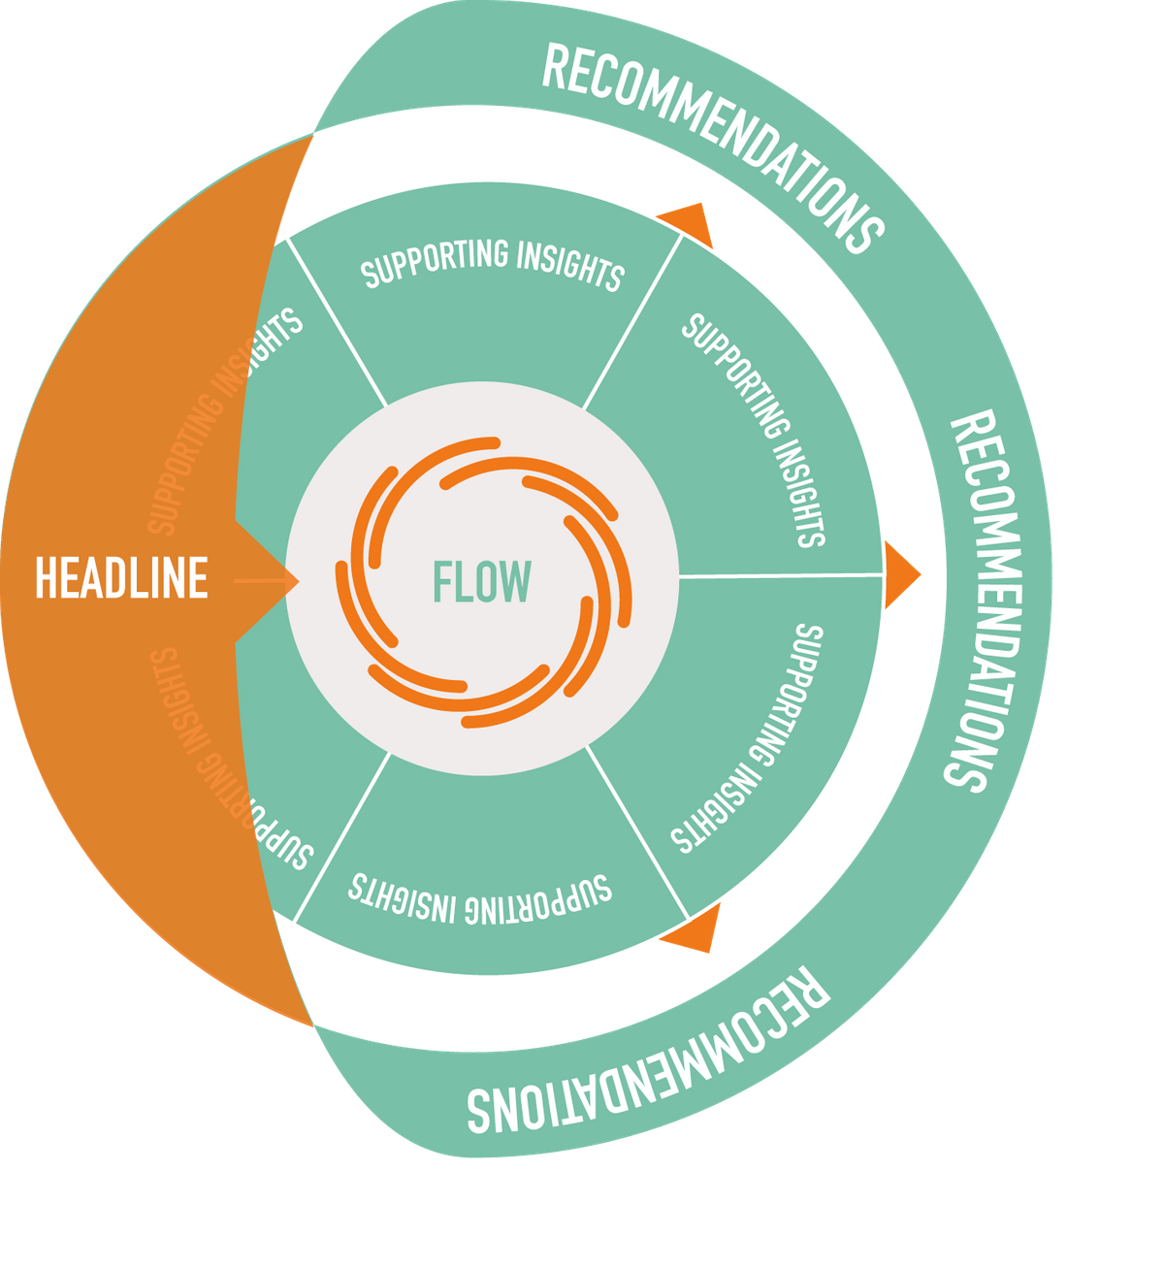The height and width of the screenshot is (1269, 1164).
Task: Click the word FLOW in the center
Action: (481, 581)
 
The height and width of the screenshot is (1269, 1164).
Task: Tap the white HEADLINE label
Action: (121, 577)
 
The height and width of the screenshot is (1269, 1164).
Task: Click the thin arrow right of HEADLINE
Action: (267, 581)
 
